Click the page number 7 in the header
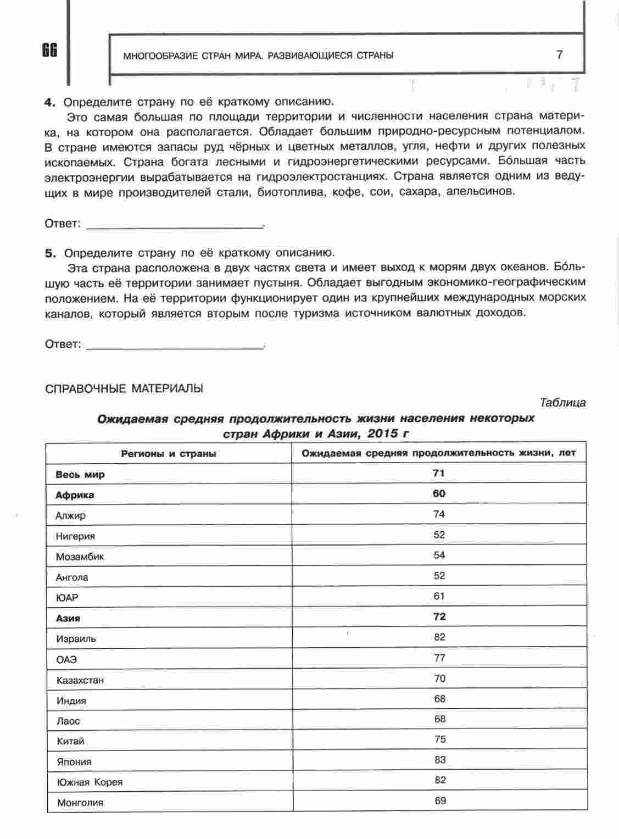(559, 54)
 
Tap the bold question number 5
(49, 253)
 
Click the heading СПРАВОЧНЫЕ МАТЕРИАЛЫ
(124, 388)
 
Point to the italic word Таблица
(562, 403)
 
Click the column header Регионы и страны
(169, 454)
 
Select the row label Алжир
(70, 516)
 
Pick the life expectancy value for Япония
(439, 760)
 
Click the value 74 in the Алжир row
(439, 514)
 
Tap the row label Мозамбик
(80, 557)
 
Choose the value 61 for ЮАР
(439, 596)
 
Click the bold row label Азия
(68, 618)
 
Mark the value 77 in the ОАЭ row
(439, 658)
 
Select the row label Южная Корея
(90, 782)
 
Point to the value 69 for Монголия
(440, 801)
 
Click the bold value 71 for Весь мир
(439, 473)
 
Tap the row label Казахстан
(80, 680)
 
